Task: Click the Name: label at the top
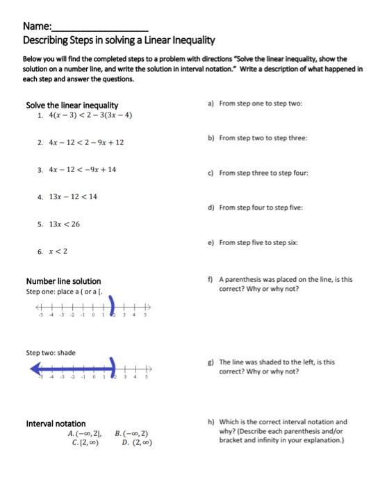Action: (37, 26)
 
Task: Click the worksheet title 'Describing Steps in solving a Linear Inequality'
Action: (119, 41)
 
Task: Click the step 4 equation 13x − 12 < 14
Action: (72, 196)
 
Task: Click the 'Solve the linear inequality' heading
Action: (72, 105)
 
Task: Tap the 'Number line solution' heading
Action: (63, 281)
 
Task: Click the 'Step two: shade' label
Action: (51, 353)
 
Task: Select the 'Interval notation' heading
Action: (56, 424)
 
